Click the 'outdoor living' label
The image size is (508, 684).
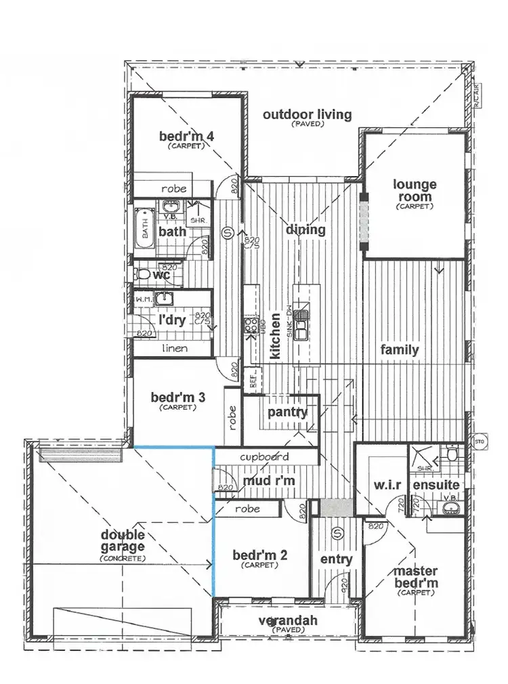point(307,114)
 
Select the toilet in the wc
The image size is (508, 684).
point(142,275)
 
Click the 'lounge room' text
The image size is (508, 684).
point(415,190)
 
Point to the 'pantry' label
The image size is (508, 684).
point(287,412)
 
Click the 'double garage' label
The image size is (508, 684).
point(122,541)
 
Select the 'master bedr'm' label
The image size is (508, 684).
point(415,576)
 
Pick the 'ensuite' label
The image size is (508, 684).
point(437,486)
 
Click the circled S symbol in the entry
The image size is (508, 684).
point(337,534)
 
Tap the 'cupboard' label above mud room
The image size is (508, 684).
point(265,456)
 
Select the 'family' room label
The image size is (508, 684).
point(399,350)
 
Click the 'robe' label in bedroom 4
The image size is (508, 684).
point(173,189)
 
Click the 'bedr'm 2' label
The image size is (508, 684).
point(260,556)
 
